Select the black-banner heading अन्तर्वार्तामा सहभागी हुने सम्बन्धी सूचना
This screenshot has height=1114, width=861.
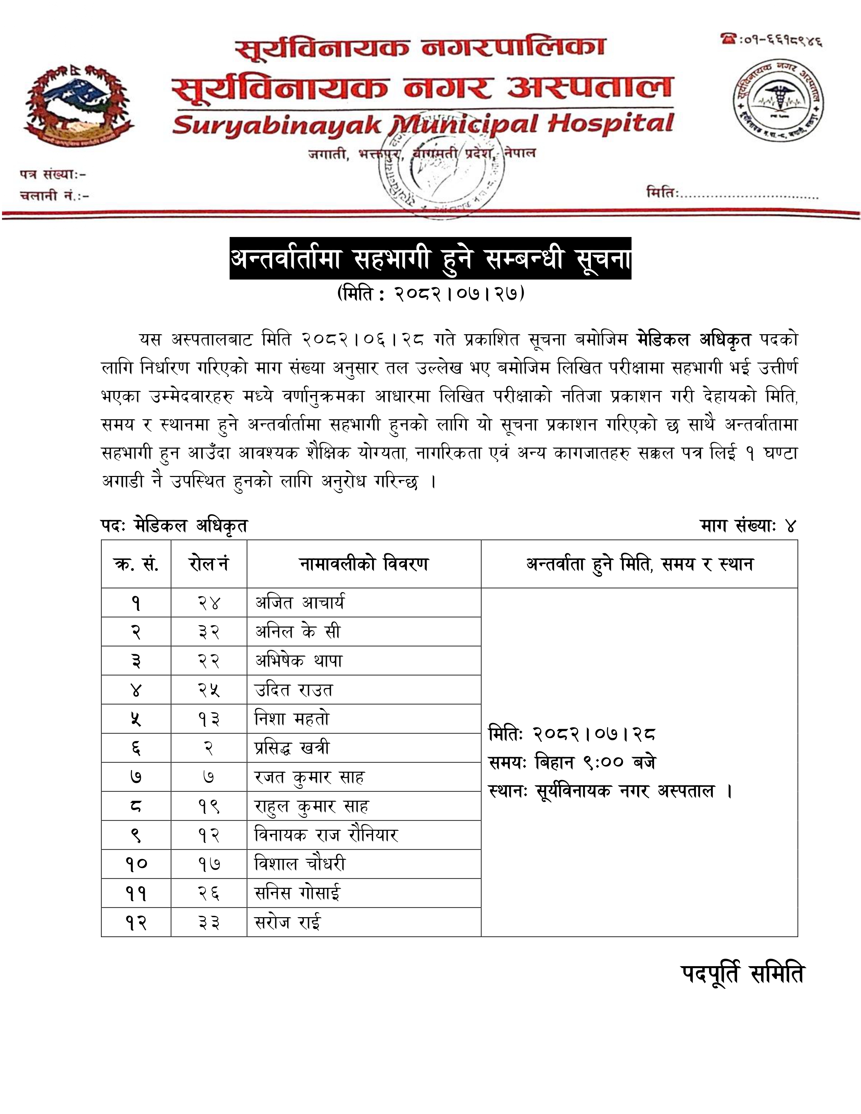pyautogui.click(x=430, y=258)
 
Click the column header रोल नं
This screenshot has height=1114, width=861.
pyautogui.click(x=209, y=564)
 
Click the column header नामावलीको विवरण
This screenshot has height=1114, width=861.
pyautogui.click(x=364, y=564)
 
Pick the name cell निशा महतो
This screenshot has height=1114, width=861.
pyautogui.click(x=292, y=719)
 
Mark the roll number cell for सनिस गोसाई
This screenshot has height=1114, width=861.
pyautogui.click(x=209, y=893)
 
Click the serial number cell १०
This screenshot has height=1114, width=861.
pyautogui.click(x=136, y=864)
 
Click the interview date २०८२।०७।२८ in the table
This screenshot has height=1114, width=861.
pyautogui.click(x=594, y=734)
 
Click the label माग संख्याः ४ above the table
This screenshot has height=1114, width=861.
pyautogui.click(x=748, y=525)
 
